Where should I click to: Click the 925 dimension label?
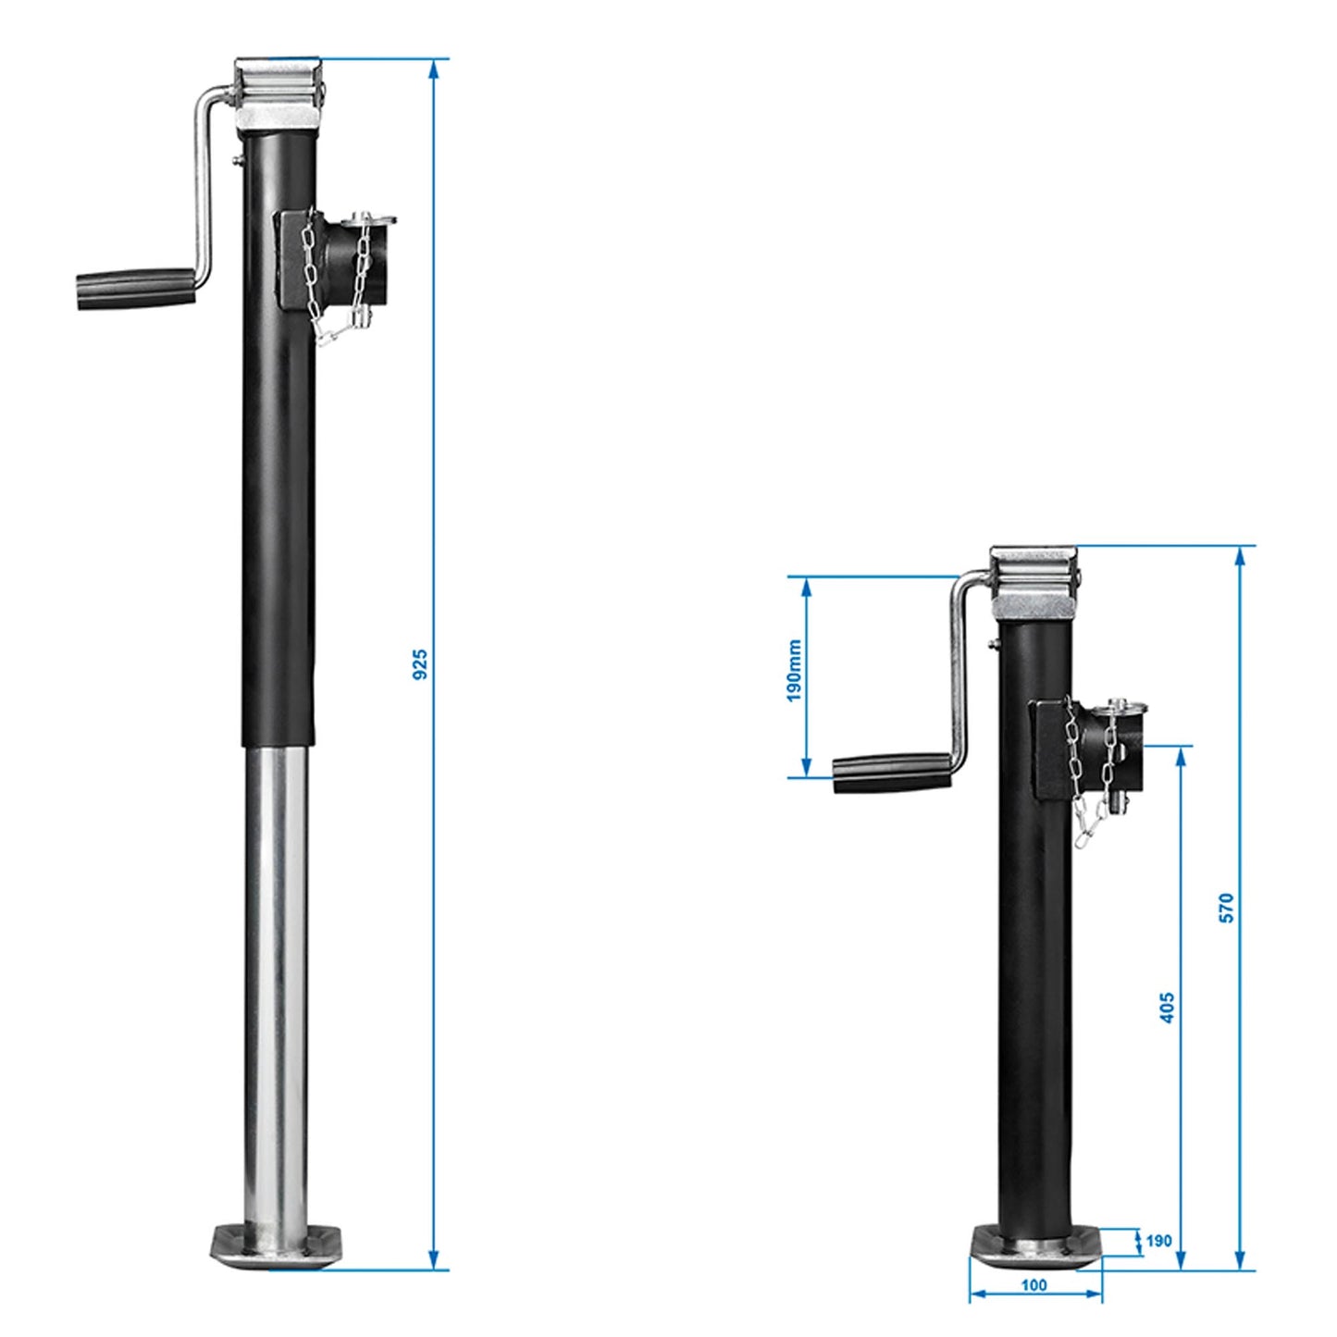[420, 664]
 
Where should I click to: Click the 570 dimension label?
[1226, 907]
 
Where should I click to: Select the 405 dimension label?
[1167, 1008]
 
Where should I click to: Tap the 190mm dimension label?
[794, 671]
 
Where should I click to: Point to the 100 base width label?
[1034, 1284]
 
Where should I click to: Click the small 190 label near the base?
[1158, 1241]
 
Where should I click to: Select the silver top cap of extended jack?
[278, 93]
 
